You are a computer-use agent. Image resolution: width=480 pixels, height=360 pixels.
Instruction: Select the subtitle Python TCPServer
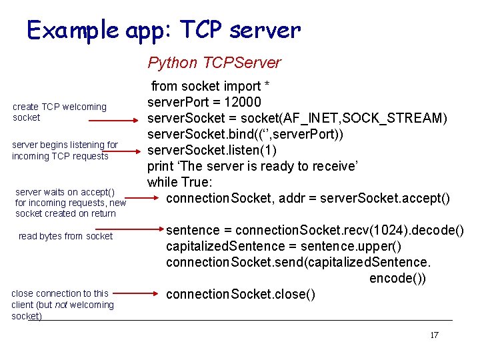tap(214, 63)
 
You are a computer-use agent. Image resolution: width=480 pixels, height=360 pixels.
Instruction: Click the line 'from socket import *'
tap(210, 86)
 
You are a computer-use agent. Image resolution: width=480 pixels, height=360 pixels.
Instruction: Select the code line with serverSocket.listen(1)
tap(221, 150)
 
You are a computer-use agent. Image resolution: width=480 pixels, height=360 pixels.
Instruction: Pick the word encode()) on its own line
tap(397, 278)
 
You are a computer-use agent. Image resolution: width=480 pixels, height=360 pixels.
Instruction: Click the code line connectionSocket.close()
tap(241, 294)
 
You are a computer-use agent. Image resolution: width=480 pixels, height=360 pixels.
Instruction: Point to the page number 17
tap(434, 335)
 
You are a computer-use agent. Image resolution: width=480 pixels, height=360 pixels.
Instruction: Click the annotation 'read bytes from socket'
tap(65, 236)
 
